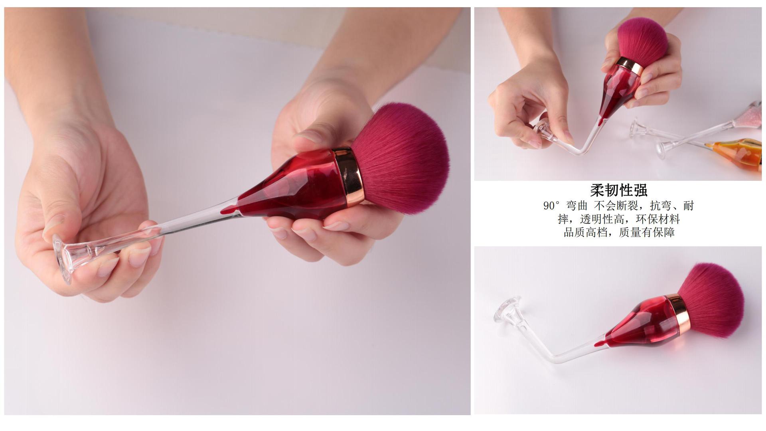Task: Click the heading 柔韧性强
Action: click(619, 190)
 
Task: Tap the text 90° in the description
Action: click(552, 206)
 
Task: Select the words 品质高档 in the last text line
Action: click(585, 232)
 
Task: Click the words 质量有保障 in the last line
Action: click(647, 232)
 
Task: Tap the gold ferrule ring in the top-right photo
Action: click(630, 66)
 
